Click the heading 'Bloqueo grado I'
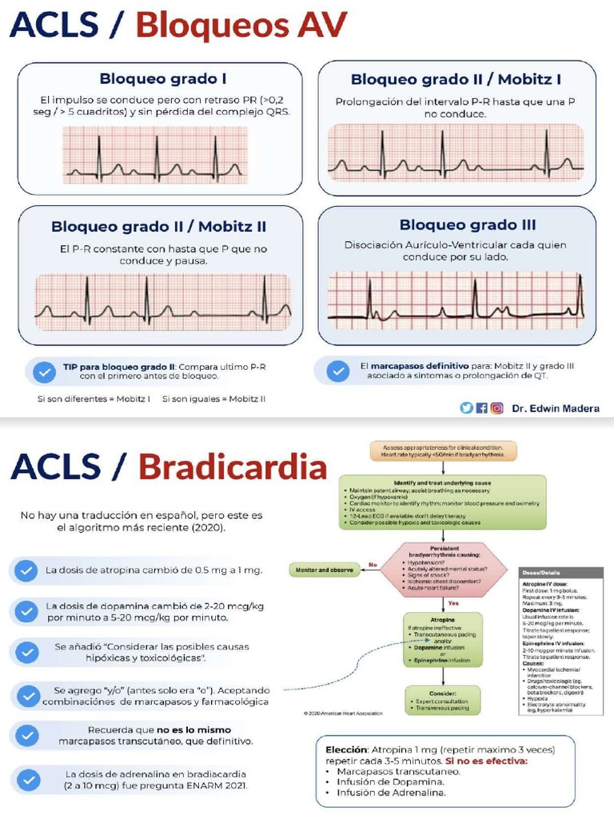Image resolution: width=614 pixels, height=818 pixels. point(162,78)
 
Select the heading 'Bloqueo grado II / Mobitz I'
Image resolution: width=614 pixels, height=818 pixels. point(456,79)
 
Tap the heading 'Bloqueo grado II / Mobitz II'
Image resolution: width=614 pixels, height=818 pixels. point(158,227)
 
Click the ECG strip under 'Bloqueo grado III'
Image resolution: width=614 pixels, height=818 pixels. point(456,300)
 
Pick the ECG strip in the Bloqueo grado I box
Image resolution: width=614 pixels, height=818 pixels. point(155,157)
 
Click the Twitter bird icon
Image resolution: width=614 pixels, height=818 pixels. point(466,407)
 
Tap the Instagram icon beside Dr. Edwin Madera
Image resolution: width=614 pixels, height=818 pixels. point(497,407)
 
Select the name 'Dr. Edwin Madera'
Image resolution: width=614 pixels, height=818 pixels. point(556,408)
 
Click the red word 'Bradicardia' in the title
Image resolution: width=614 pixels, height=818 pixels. point(233,467)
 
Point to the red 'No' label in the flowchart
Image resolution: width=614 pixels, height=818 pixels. point(373,565)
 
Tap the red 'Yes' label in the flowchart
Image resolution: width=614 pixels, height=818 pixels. point(453,603)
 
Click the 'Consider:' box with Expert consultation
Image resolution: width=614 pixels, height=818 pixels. point(442,700)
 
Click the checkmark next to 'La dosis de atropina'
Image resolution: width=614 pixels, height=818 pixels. point(26,570)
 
